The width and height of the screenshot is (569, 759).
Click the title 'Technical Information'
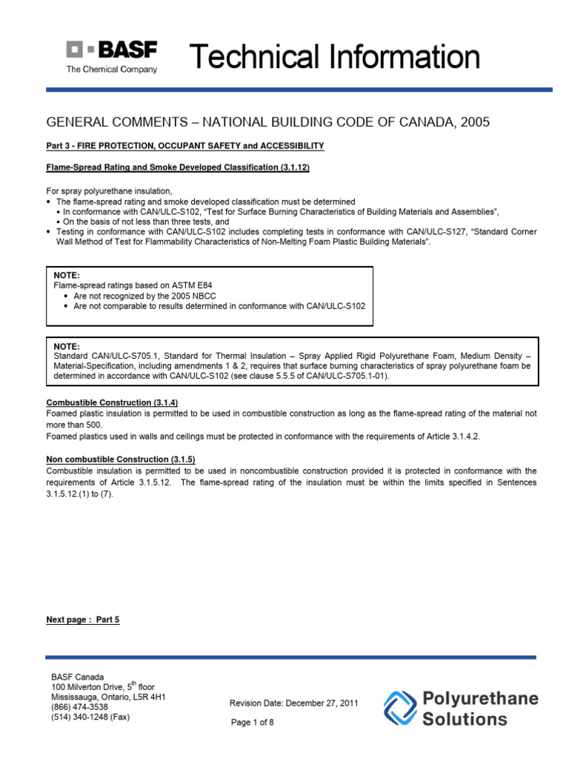[335, 57]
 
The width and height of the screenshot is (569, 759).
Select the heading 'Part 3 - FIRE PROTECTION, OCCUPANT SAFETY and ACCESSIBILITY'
[185, 146]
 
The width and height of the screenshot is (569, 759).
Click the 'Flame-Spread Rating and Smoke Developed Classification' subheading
[178, 168]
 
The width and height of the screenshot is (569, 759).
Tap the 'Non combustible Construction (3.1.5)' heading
[121, 460]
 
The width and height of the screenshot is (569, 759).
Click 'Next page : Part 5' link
[82, 620]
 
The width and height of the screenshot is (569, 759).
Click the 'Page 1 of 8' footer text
[253, 723]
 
